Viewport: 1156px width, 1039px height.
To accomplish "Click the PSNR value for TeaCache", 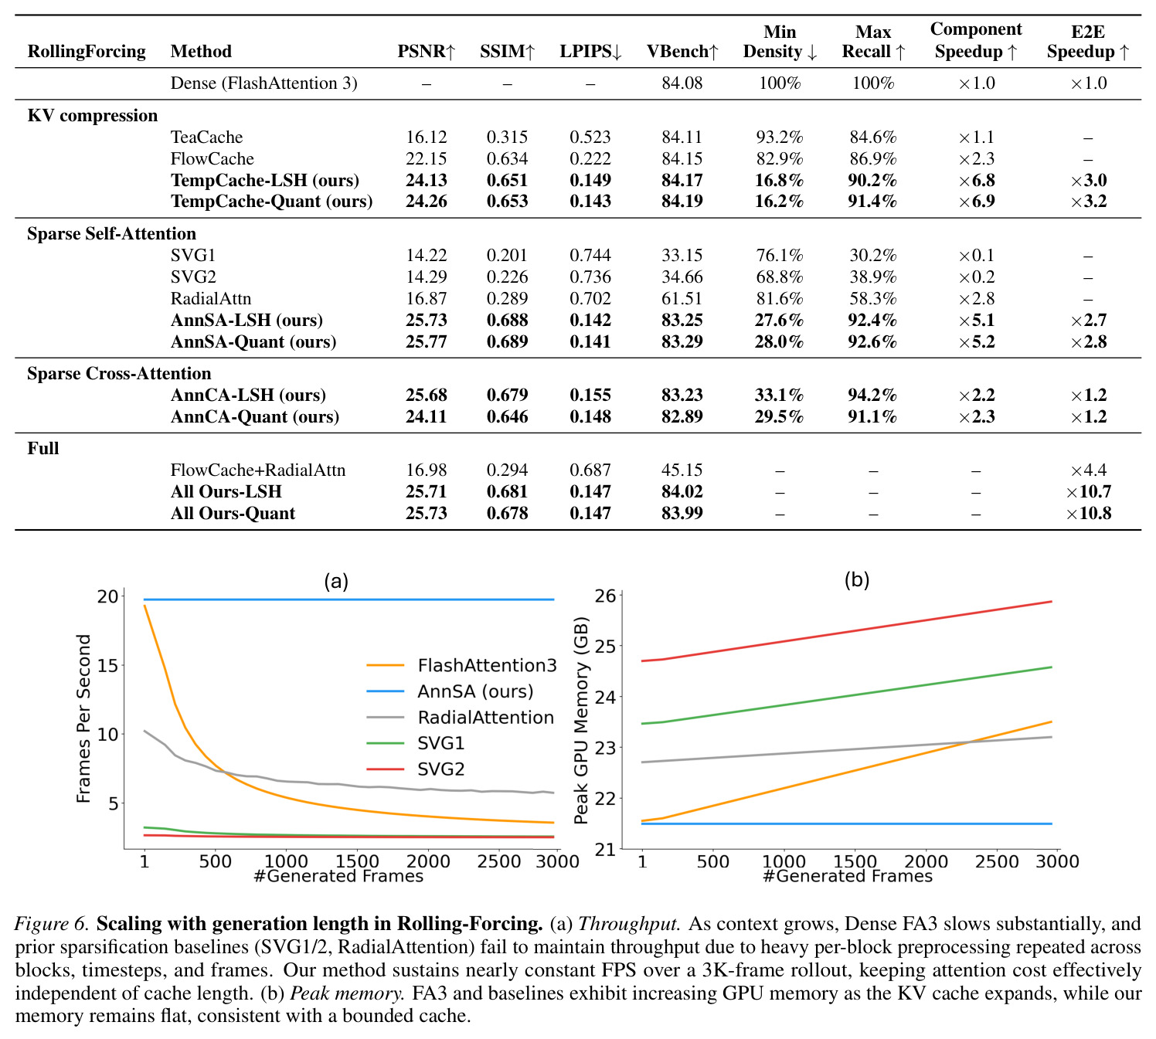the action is (x=426, y=138).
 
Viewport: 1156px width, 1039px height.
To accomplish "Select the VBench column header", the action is (x=682, y=51).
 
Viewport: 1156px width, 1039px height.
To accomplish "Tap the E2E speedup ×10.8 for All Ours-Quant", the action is (x=1088, y=513).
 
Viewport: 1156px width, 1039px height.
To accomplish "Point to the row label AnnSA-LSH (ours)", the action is (x=246, y=320).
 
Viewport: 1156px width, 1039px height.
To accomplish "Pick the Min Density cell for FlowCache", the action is (x=780, y=158).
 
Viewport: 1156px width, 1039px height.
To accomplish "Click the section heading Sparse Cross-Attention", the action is (x=119, y=373).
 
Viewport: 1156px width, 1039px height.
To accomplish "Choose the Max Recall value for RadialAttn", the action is (x=873, y=298).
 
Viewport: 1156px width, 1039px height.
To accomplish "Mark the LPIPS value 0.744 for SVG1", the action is (x=590, y=255).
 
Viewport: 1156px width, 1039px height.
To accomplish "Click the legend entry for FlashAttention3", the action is (x=461, y=666).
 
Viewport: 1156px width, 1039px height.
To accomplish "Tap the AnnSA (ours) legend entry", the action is (x=450, y=691).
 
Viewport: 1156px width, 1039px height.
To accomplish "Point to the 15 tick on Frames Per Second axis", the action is (x=107, y=666).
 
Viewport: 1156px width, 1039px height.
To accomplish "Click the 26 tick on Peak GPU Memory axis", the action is (x=605, y=596).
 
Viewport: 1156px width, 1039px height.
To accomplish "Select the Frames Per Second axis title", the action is (x=83, y=718).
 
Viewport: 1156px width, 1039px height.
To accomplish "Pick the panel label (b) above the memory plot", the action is (x=856, y=579).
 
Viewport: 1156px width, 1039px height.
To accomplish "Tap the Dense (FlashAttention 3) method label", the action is (x=264, y=83).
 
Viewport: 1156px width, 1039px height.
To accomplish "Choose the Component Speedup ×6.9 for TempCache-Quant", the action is (x=976, y=201).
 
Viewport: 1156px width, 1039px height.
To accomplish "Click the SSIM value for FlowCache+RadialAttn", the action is (x=507, y=470).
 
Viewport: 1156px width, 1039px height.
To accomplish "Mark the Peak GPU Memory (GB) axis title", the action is (x=581, y=720).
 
